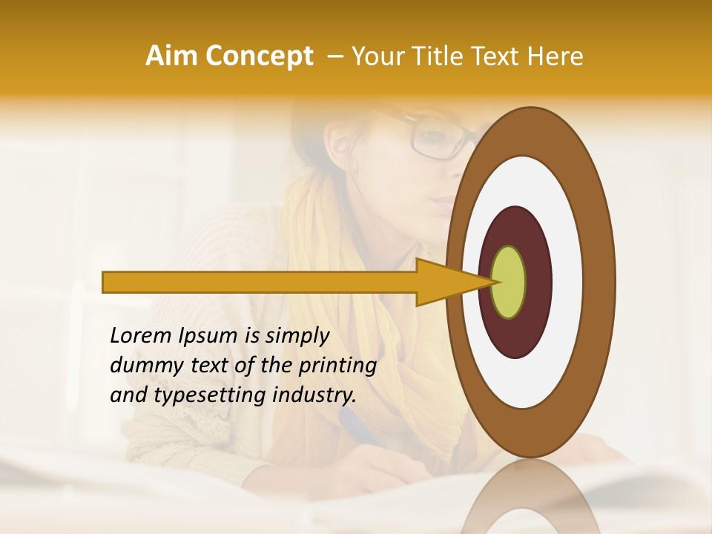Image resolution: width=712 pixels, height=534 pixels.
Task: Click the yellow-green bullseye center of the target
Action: tap(509, 282)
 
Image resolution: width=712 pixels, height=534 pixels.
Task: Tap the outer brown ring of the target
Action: tap(530, 131)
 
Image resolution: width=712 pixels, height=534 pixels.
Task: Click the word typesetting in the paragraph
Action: tap(206, 396)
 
